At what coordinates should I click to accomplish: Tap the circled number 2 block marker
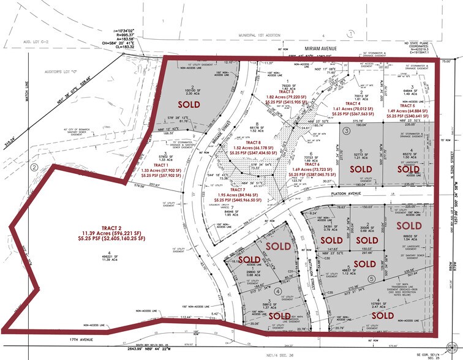34,167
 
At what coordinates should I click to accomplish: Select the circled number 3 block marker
346,130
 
